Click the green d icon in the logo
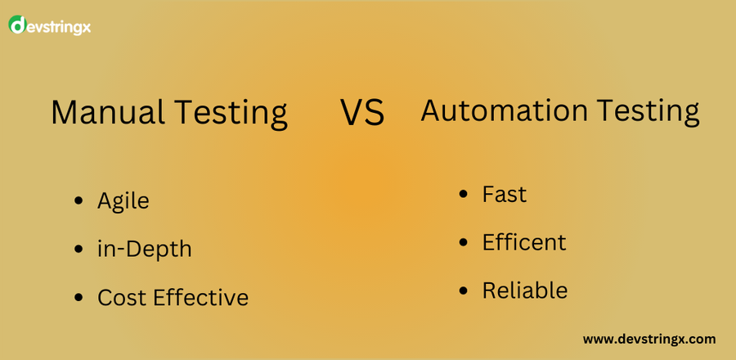pos(17,25)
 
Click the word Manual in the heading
pos(107,112)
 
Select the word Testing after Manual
pos(231,115)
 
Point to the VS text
pos(362,113)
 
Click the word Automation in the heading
pos(504,110)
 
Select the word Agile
pos(123,202)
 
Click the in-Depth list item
pos(145,250)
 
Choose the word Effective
pos(201,297)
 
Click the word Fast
pos(505,194)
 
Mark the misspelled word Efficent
pos(524,242)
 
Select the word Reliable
pos(525,290)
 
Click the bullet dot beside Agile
pos(79,201)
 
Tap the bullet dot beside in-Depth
pos(79,249)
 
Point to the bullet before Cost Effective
pos(79,297)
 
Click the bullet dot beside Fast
pos(464,194)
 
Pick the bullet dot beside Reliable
pos(464,290)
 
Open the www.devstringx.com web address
pos(649,340)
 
